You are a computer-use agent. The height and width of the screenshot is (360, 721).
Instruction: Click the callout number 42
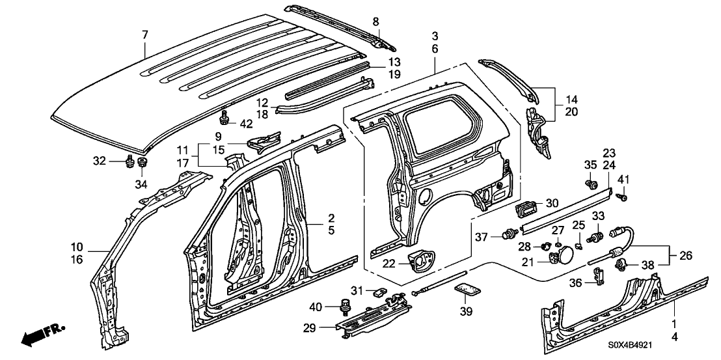tap(173, 123)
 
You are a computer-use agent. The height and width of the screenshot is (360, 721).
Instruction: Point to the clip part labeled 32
tap(129, 160)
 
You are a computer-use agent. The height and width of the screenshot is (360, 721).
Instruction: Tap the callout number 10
tap(77, 247)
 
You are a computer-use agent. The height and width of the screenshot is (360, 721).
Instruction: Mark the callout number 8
tap(375, 22)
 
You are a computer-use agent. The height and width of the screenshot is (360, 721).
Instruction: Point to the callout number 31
tap(357, 290)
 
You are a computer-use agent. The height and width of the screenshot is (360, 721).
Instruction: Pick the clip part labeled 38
tap(621, 264)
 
